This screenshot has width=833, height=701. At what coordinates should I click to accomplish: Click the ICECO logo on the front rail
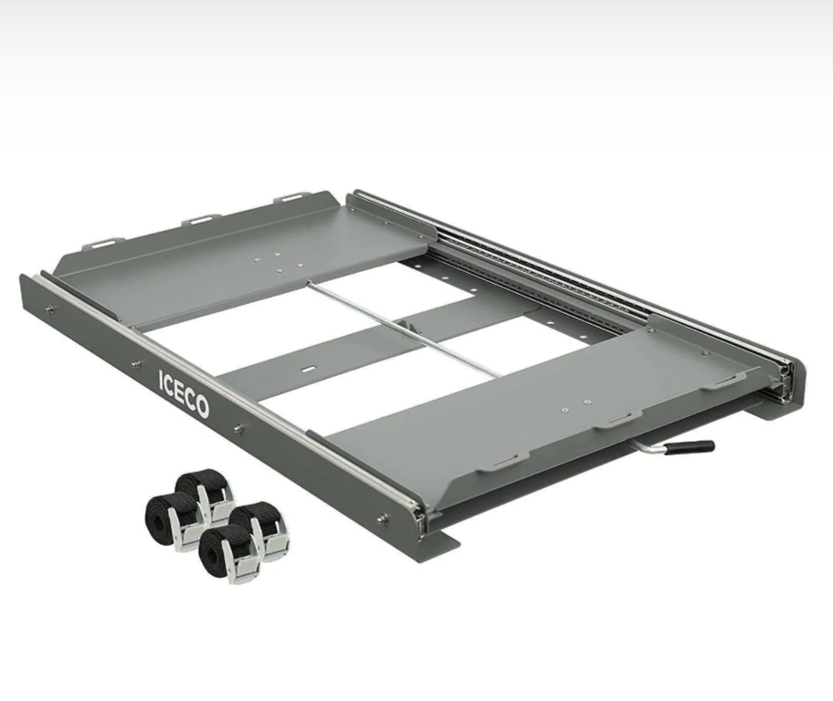point(184,393)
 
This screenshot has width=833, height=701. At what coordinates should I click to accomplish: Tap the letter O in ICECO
point(201,406)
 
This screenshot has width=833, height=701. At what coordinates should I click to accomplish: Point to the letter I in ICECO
point(161,378)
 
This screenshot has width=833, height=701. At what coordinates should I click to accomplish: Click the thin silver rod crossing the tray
point(403,329)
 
